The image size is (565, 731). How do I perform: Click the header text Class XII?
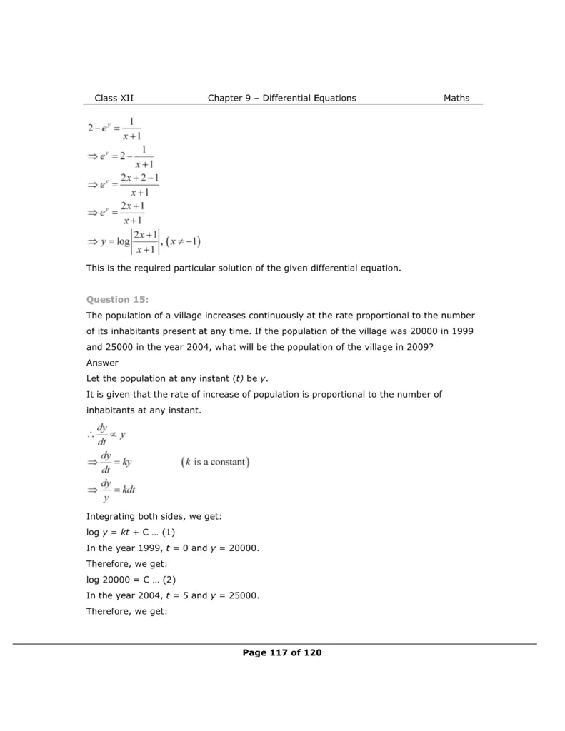tap(114, 98)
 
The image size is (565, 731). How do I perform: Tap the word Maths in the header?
tap(456, 98)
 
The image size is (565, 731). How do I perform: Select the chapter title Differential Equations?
tap(309, 98)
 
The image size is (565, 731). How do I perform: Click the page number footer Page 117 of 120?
tap(282, 652)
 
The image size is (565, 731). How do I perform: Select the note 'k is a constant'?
tap(215, 462)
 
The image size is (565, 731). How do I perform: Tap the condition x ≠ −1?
tap(185, 241)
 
